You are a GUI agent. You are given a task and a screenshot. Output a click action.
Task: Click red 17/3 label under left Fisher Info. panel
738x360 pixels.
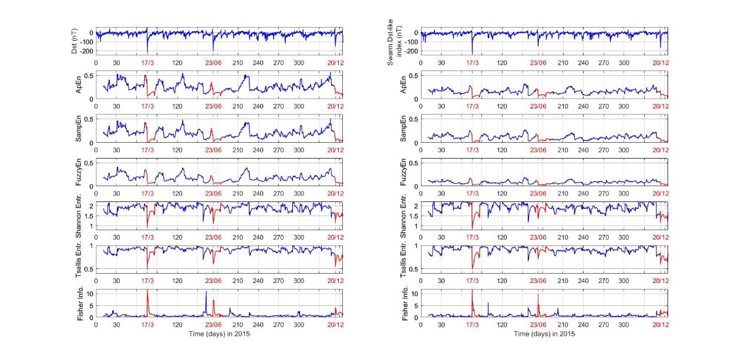tap(147, 324)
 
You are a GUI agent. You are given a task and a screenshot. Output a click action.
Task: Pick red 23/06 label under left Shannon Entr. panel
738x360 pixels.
tap(213, 237)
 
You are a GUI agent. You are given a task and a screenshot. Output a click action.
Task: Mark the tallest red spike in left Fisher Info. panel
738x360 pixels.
tap(147, 291)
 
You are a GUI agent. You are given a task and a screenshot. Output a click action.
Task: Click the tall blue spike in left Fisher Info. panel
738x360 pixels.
tap(206, 292)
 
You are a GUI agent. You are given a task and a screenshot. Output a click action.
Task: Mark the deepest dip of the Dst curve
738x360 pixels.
tap(147, 53)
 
